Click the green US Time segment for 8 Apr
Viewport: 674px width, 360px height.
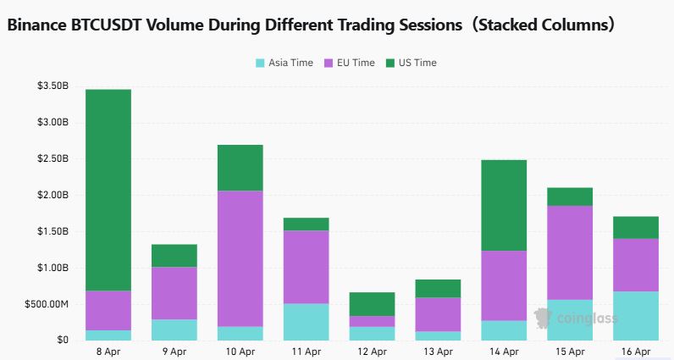[x=108, y=190]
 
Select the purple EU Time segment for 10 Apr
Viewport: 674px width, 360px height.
[x=240, y=258]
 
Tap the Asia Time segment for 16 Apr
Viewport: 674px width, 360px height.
[x=636, y=316]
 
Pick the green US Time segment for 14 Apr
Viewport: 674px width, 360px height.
[x=504, y=205]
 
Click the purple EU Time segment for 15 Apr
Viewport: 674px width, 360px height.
[x=570, y=252]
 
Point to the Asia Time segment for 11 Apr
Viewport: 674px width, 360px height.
[x=307, y=322]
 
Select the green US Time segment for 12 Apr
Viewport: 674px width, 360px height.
[x=373, y=304]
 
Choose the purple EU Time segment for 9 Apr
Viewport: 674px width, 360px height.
[x=174, y=293]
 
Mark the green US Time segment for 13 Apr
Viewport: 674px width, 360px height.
[x=438, y=288]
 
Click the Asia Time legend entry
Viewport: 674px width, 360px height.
[x=284, y=63]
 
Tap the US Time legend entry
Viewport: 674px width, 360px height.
[x=412, y=63]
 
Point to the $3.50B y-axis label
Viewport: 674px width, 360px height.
[x=52, y=86]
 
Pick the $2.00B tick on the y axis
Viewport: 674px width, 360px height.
[x=52, y=196]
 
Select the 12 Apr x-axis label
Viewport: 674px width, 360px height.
[x=373, y=351]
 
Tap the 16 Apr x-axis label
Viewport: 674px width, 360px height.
[x=636, y=351]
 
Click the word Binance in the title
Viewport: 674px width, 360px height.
[x=41, y=25]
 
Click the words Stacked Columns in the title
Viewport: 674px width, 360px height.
[x=542, y=25]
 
